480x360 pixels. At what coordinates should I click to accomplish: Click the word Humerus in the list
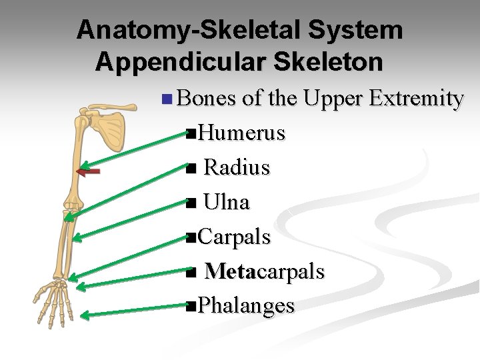coord(242,133)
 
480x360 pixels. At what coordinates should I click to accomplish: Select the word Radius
coord(237,167)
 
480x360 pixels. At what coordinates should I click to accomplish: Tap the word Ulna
coord(227,202)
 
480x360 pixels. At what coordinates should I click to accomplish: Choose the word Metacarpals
coord(265,271)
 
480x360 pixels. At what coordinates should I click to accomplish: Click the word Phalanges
coord(246,306)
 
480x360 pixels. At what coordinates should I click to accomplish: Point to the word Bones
coord(206,99)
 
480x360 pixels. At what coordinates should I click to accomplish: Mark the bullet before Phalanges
coord(191,307)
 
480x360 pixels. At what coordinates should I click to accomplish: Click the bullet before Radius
coord(191,169)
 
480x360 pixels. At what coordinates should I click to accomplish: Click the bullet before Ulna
coord(191,203)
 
